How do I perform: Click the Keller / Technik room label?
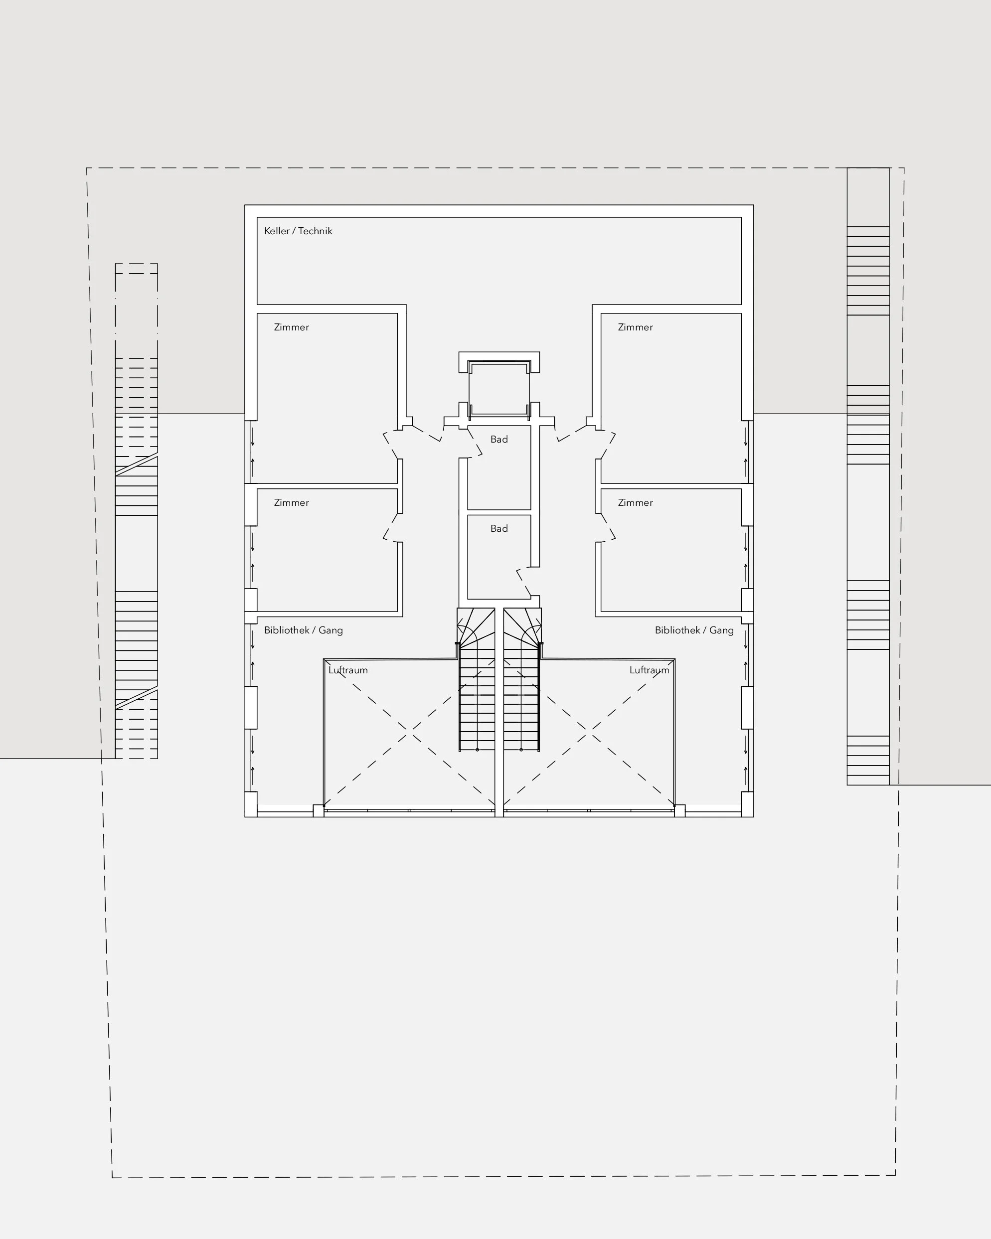tap(298, 231)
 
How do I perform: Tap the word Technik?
tap(315, 231)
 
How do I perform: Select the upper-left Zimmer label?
tap(292, 327)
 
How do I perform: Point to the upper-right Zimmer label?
tap(635, 327)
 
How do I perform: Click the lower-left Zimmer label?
tap(292, 503)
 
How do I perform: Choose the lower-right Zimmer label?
tap(635, 503)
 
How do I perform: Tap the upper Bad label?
tap(499, 440)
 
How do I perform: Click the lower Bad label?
tap(499, 529)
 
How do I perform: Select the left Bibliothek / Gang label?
tap(304, 630)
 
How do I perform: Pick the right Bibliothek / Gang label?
tap(694, 630)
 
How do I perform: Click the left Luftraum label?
tap(348, 670)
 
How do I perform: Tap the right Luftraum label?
tap(649, 670)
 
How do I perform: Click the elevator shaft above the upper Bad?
tap(499, 388)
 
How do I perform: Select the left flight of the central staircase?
tap(477, 680)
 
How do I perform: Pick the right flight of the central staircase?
tap(522, 680)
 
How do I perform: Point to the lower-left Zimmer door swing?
tap(390, 528)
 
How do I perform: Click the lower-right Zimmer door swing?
tap(608, 528)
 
